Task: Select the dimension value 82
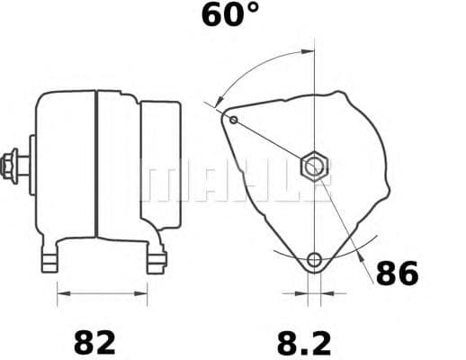click(94, 342)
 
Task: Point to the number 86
click(397, 274)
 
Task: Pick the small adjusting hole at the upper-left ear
click(234, 119)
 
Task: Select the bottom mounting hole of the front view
click(314, 261)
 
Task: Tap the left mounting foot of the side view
click(52, 261)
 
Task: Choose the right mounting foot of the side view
click(156, 261)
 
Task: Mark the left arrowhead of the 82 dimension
click(62, 292)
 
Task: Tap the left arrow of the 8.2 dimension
click(302, 292)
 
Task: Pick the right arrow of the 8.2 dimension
click(326, 292)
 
